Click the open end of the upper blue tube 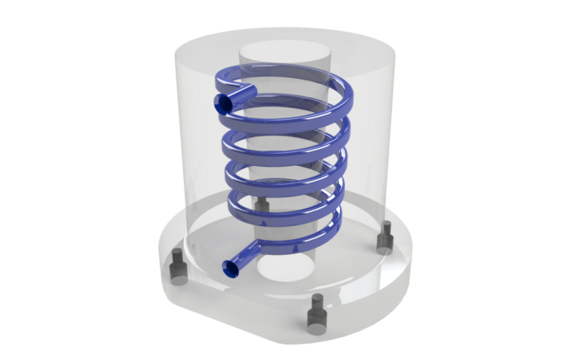[223, 103]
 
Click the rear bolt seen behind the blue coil [263, 205]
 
